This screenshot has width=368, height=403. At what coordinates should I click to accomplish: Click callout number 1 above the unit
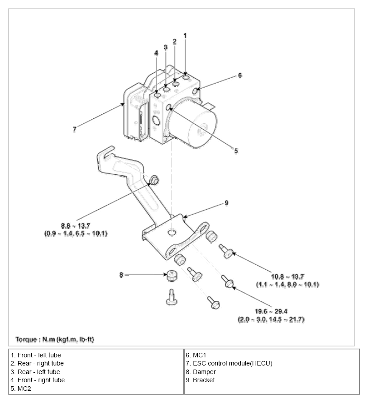[x=185, y=36]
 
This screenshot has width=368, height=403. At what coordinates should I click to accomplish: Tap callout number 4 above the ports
[x=156, y=53]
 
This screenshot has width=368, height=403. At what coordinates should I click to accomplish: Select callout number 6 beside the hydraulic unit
[x=240, y=75]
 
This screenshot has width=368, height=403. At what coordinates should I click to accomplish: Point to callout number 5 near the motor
[x=236, y=151]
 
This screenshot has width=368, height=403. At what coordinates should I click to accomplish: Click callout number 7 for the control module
[x=75, y=129]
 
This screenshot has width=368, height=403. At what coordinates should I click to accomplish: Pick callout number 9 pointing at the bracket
[x=226, y=203]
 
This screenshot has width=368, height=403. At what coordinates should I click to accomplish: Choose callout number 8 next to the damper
[x=121, y=275]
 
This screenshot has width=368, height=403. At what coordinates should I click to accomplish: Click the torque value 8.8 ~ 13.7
[x=76, y=226]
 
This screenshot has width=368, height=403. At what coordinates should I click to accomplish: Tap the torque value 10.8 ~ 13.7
[x=287, y=277]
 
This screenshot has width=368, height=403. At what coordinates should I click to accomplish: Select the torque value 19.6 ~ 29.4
[x=271, y=311]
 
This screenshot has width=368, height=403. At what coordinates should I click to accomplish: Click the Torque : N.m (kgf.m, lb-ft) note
[x=55, y=339]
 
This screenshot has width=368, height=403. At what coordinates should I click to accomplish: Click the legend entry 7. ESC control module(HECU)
[x=229, y=363]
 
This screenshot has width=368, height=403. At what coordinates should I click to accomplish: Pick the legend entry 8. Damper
[x=201, y=372]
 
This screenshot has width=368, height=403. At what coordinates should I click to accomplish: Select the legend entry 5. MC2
[x=21, y=389]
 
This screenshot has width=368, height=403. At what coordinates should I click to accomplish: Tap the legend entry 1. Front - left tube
[x=36, y=355]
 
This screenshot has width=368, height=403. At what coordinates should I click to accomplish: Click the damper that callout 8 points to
[x=172, y=275]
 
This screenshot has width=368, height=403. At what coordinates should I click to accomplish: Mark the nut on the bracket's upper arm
[x=154, y=180]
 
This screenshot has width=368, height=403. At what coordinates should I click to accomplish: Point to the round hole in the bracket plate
[x=172, y=233]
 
